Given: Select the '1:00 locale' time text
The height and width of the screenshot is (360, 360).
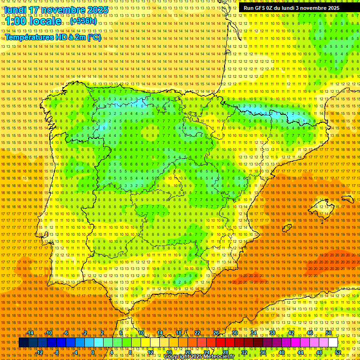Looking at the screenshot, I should click(33, 22).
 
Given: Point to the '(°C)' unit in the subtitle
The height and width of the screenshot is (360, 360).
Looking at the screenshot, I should click(94, 37).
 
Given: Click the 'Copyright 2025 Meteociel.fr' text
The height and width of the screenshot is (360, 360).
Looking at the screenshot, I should click(199, 357).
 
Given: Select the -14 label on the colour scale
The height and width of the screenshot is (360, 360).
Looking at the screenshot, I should click(30, 333).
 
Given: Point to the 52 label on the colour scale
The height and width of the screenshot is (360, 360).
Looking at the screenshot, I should click(338, 352).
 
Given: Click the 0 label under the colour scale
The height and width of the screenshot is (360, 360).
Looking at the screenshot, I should click(93, 352).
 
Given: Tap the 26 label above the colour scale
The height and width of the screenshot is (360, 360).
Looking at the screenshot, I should click(216, 333).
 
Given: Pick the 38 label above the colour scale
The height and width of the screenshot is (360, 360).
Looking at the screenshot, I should click(272, 333).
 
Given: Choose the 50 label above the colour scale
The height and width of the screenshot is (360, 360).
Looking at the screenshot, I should click(329, 333).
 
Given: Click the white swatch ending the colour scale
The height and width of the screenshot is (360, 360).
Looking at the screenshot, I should click(333, 343).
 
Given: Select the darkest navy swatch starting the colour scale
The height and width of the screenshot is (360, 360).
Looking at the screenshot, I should click(23, 343).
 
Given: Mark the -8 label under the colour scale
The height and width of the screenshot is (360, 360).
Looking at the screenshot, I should click(57, 352).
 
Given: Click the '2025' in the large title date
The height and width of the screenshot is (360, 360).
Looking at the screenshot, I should click(97, 10).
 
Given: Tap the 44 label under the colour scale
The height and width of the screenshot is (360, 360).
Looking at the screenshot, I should click(300, 352).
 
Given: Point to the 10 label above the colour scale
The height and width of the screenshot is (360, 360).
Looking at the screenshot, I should click(141, 333).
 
